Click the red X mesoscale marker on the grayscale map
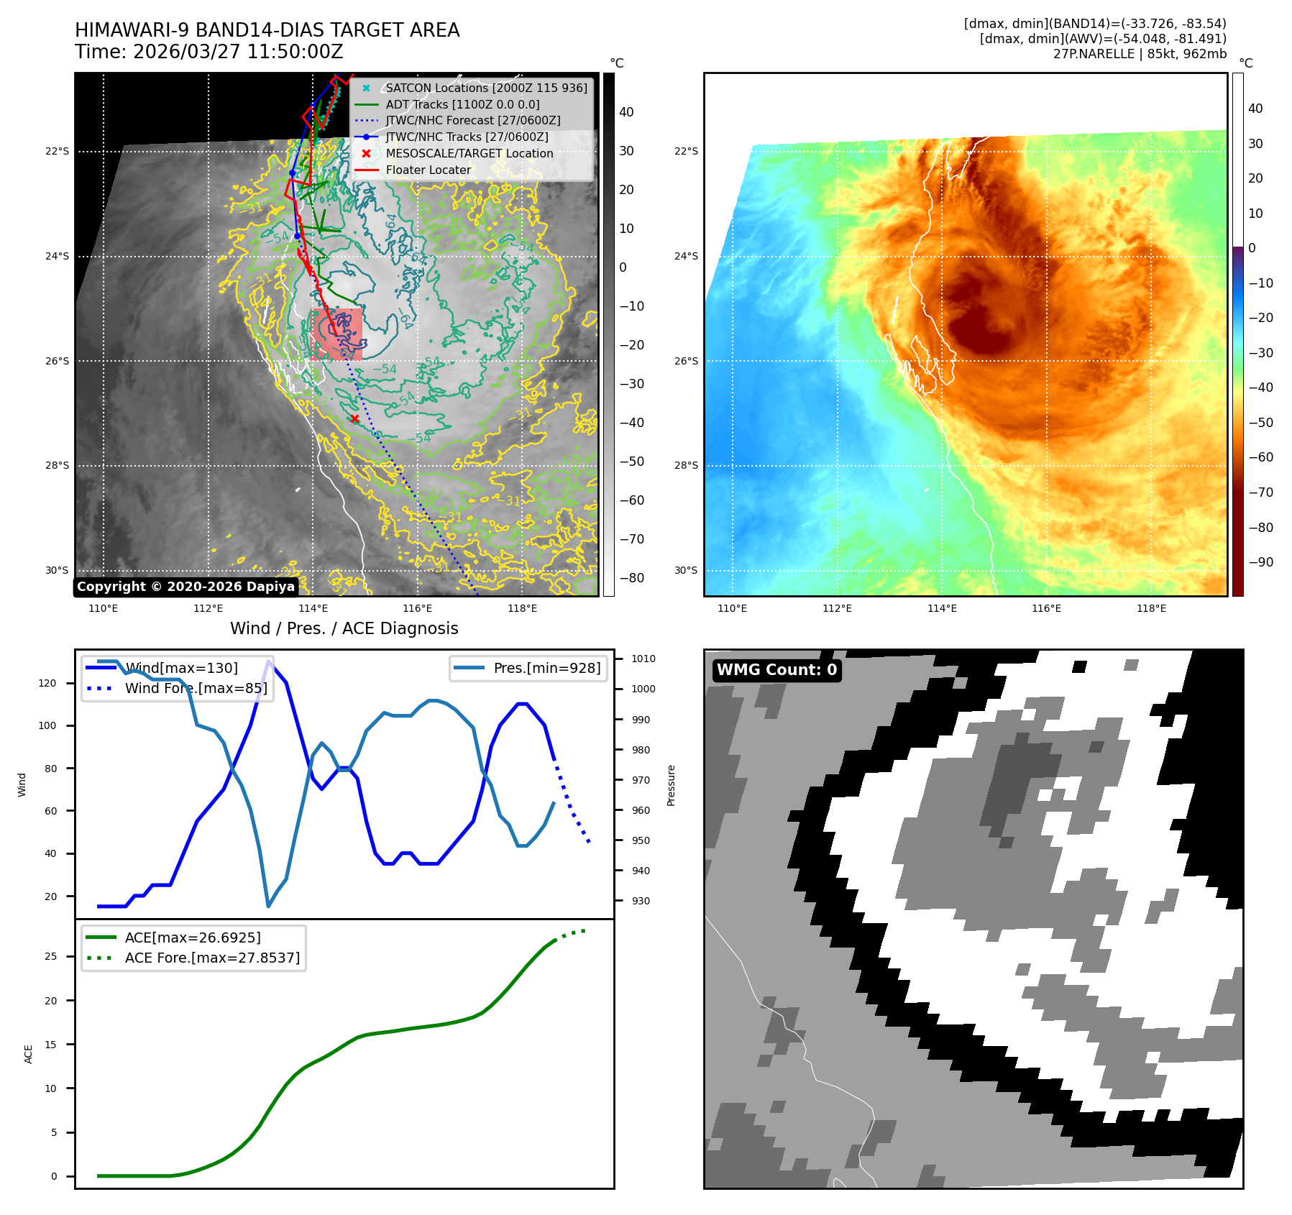click(x=354, y=418)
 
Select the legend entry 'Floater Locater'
click(x=428, y=170)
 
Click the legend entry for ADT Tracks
click(x=462, y=104)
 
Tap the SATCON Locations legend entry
click(x=486, y=88)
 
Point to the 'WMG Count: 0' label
click(x=776, y=670)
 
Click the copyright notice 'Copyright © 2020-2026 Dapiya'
click(x=185, y=587)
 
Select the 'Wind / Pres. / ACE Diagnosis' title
click(x=344, y=628)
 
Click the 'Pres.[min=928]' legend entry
click(x=546, y=668)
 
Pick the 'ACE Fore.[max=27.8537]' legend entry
click(x=212, y=958)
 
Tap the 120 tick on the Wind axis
click(x=47, y=683)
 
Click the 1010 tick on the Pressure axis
click(x=643, y=659)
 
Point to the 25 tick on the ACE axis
click(x=50, y=956)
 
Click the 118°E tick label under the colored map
click(x=1151, y=609)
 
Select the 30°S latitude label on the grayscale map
click(x=58, y=571)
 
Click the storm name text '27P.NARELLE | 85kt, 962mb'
click(x=1140, y=54)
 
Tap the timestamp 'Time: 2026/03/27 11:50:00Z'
click(x=209, y=52)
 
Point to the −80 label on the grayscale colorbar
click(x=632, y=578)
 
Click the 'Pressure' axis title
click(x=671, y=785)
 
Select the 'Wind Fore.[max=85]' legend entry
click(x=196, y=688)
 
